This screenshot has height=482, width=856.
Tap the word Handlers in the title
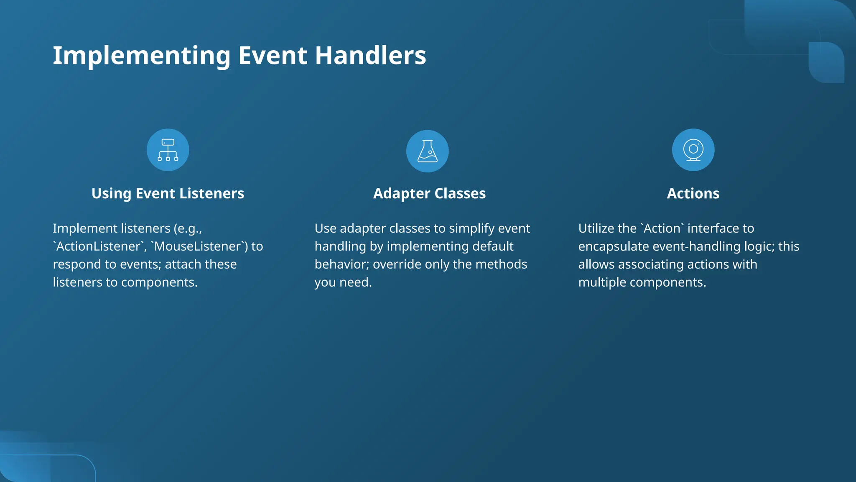point(370,56)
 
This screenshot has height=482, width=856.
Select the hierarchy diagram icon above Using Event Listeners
point(168,150)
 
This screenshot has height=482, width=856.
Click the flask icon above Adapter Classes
point(427,151)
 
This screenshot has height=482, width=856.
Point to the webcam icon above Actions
point(693,150)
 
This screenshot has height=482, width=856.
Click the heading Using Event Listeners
point(168,194)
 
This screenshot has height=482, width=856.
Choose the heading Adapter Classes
point(429,194)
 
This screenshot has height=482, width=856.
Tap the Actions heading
point(693,194)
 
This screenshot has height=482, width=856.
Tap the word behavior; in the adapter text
point(341,264)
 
